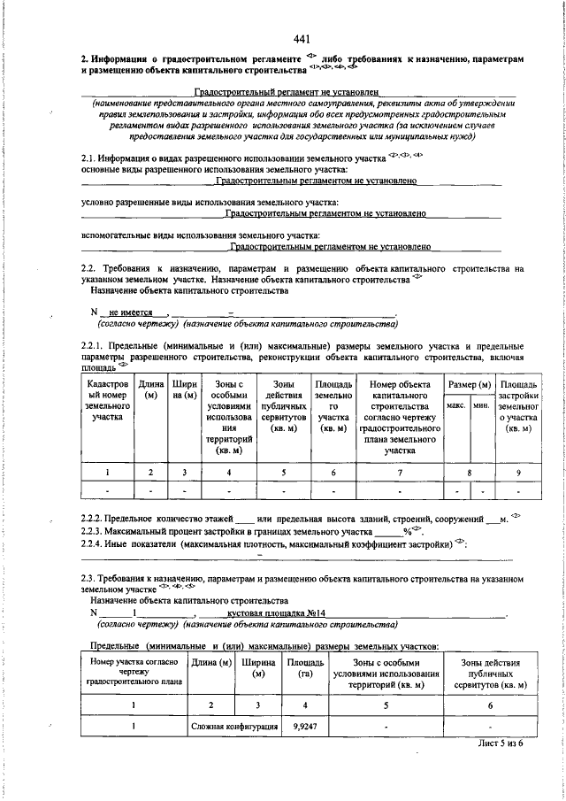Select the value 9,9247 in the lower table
click(x=301, y=725)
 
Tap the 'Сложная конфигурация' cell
click(x=233, y=725)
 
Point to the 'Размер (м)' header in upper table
click(x=470, y=385)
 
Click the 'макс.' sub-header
click(x=457, y=404)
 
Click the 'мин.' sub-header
click(x=482, y=404)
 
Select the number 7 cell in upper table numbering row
click(x=400, y=473)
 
